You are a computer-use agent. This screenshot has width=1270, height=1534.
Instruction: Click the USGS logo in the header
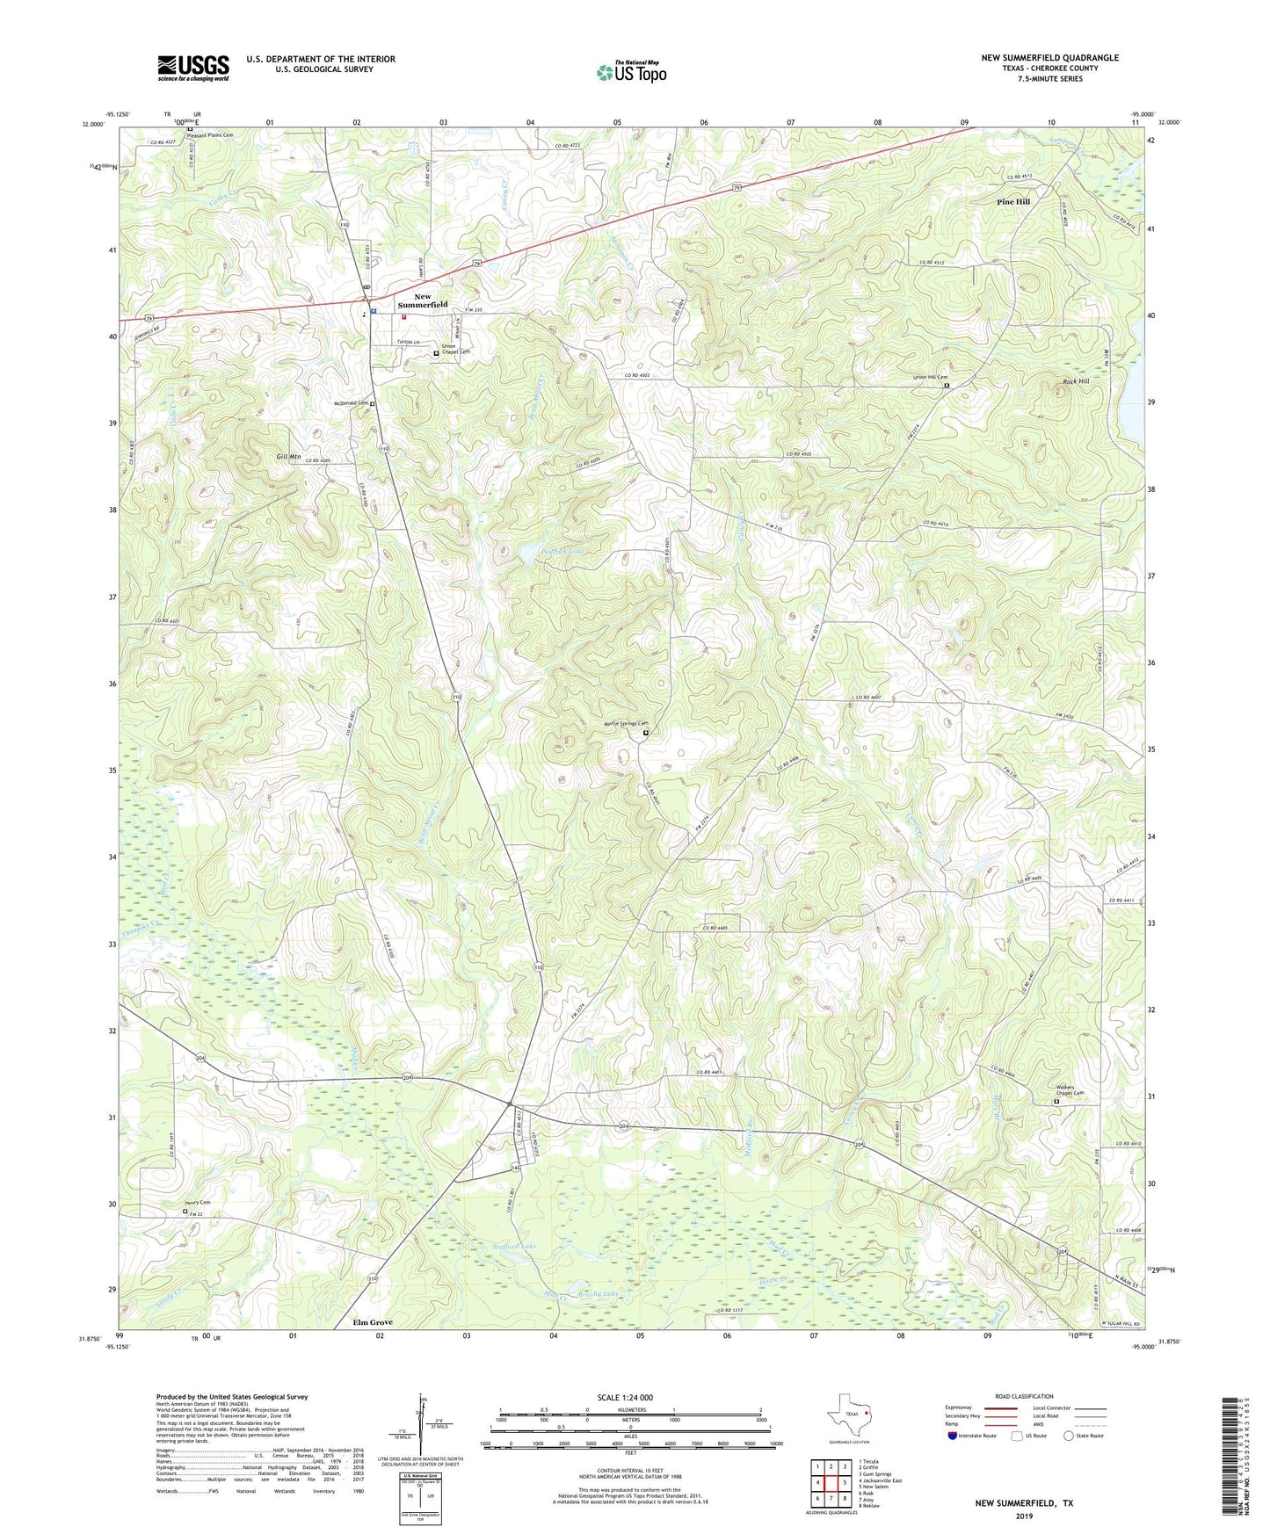coord(193,68)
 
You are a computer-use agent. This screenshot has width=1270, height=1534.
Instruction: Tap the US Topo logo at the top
coord(631,72)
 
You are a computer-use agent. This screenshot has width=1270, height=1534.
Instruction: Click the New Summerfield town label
coord(423,300)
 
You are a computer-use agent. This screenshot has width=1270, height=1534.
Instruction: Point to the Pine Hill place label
coord(1013,202)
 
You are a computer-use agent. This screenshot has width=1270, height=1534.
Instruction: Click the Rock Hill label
coord(1076,381)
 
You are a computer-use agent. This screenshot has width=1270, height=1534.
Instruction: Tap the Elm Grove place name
coord(373,1321)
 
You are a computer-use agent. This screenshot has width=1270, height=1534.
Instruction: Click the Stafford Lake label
coord(514,1247)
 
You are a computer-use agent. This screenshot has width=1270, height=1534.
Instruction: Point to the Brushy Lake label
coord(599,1293)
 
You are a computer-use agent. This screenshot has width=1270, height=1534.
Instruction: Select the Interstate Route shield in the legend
coord(954,1436)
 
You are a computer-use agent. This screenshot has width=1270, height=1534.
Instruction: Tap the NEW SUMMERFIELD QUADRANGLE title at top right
coord(1049,57)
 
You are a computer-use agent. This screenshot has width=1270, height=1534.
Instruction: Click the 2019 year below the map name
coord(1024,1516)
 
